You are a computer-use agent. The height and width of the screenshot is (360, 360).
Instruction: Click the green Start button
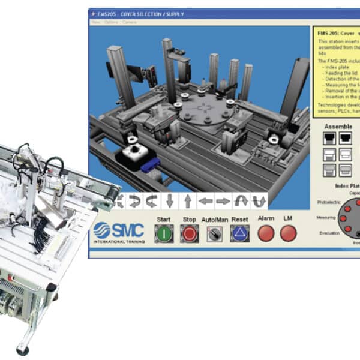(x=164, y=233)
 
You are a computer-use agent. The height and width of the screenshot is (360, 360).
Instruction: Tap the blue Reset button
(x=239, y=233)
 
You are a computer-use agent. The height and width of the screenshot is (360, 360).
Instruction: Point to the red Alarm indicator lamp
(x=266, y=233)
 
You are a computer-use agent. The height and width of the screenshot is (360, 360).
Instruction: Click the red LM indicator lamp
(x=288, y=233)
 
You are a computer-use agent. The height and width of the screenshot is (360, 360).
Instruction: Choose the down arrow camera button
(x=170, y=200)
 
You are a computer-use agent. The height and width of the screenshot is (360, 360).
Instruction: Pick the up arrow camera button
(x=187, y=200)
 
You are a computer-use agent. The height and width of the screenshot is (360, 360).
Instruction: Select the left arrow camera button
(x=206, y=200)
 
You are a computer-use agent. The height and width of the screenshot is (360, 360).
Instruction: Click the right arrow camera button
(x=223, y=200)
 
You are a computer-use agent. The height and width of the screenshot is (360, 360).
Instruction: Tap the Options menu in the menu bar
(x=111, y=22)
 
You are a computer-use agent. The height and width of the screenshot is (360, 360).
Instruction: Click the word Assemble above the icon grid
(x=338, y=127)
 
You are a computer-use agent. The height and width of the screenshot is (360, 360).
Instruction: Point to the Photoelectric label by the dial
(x=327, y=202)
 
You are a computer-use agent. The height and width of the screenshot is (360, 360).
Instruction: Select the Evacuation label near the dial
(x=328, y=233)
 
